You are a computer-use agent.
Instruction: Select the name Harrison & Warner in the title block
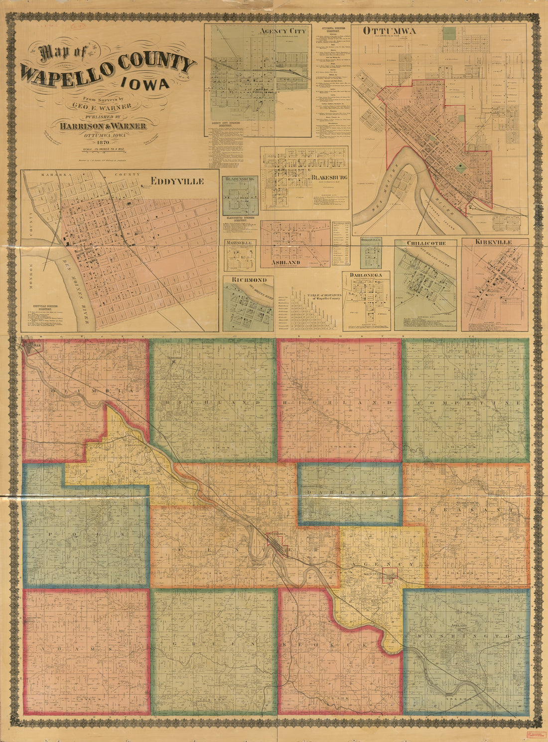[103, 126]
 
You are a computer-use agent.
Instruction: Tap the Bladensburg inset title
[240, 178]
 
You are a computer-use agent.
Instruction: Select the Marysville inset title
[240, 242]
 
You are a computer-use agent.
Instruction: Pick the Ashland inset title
[285, 262]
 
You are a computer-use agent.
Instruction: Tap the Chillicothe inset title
[425, 243]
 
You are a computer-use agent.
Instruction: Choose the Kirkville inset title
[494, 242]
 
